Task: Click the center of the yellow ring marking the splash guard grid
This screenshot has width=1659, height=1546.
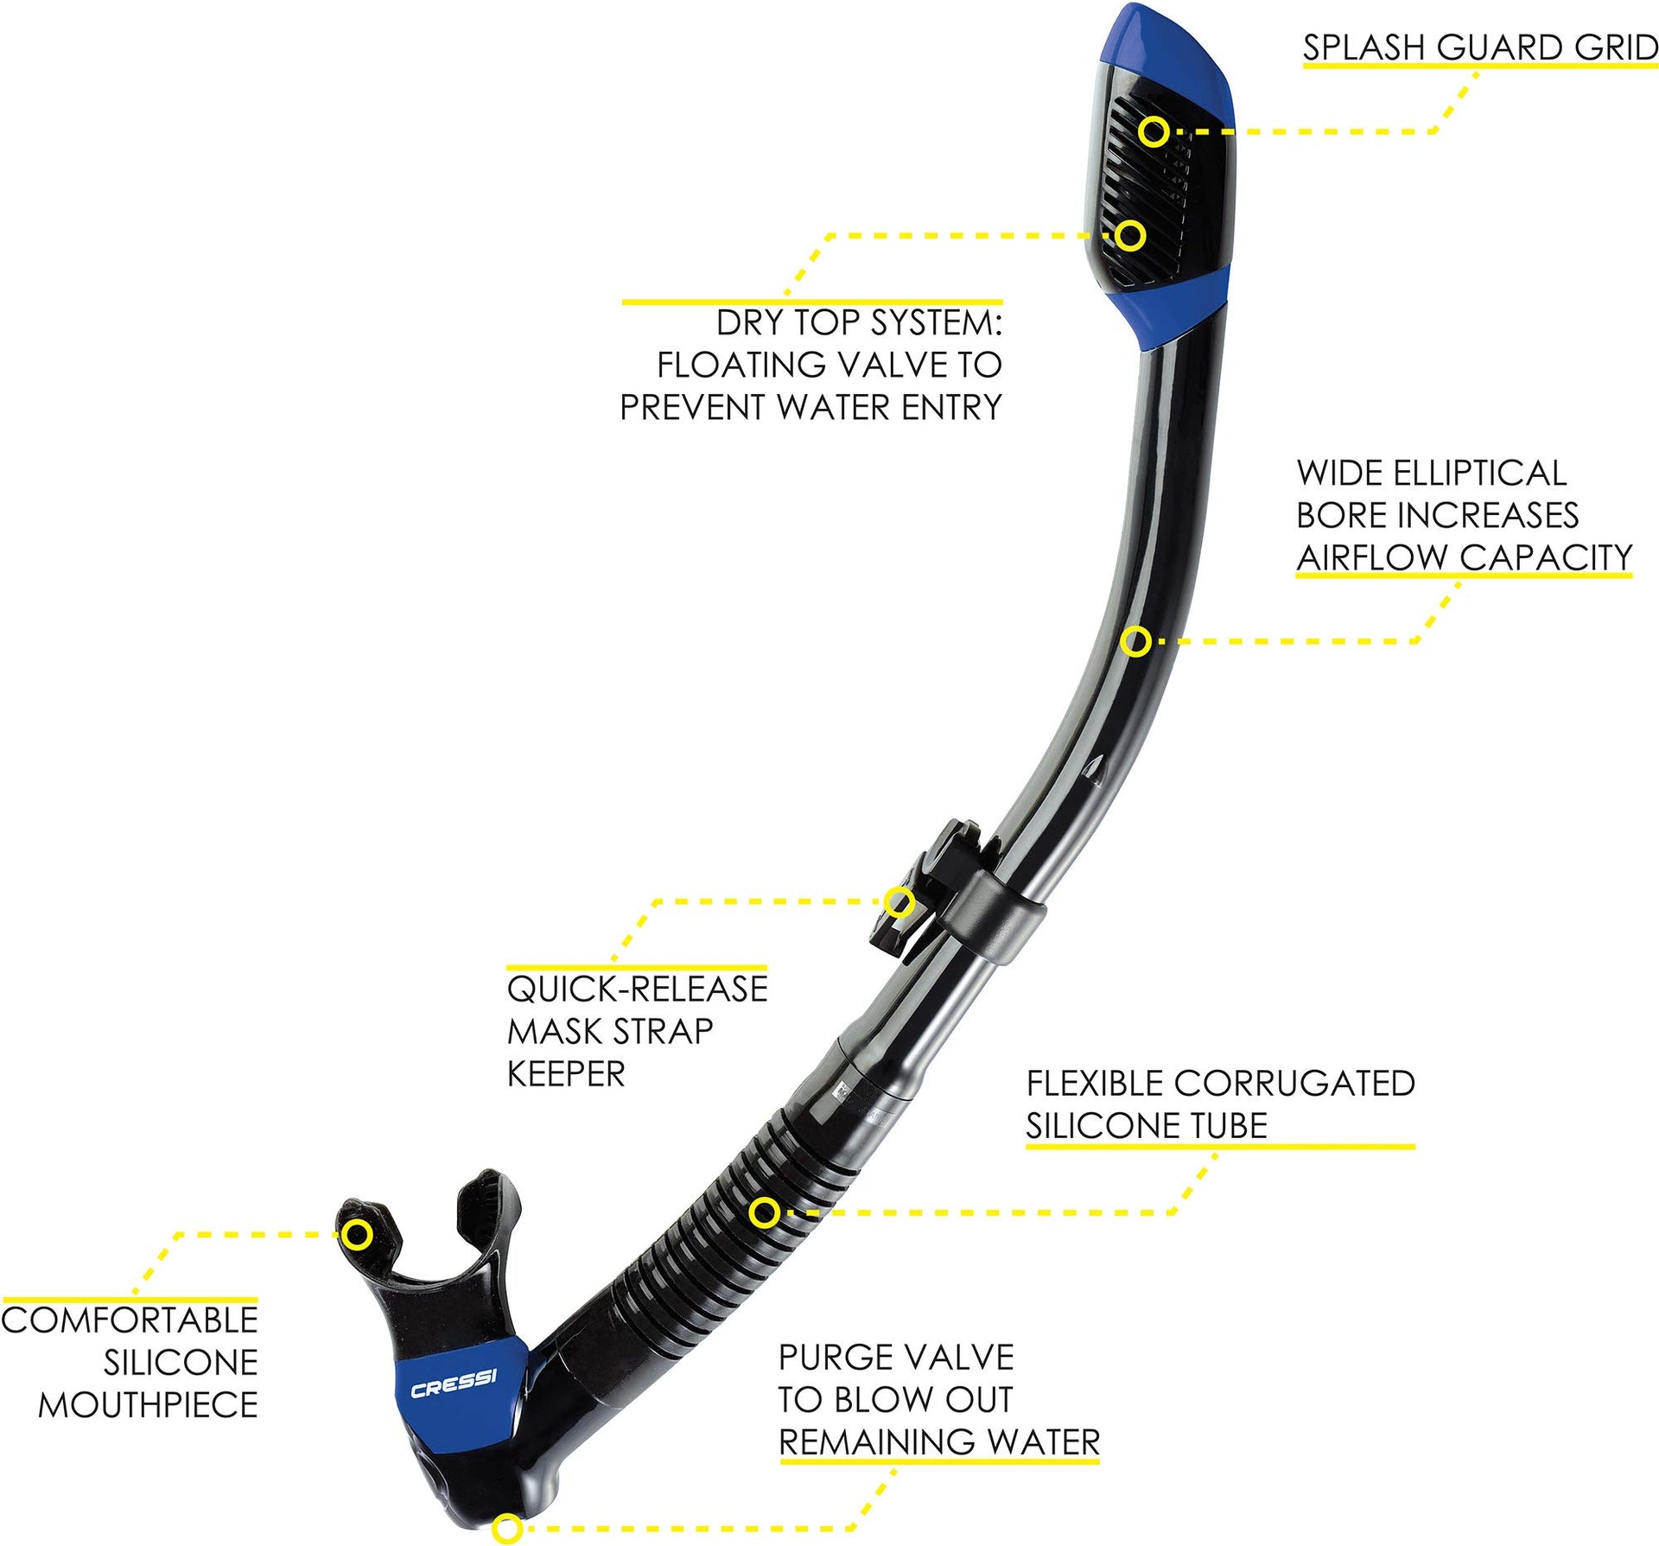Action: (1154, 131)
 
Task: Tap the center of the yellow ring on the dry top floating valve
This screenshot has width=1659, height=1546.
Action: (1129, 235)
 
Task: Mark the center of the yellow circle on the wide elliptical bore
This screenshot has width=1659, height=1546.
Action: (1137, 641)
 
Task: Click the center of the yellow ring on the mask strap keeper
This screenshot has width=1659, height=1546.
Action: (899, 902)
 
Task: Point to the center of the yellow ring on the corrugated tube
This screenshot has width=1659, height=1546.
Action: (764, 1212)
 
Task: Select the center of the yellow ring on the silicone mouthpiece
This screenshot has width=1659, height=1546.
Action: (357, 1234)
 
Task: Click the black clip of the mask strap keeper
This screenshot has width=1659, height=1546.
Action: (929, 890)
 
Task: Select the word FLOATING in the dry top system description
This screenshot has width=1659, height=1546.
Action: (742, 365)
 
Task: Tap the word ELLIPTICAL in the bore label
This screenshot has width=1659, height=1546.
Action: (1479, 473)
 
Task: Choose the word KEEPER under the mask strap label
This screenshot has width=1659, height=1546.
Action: (566, 1073)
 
